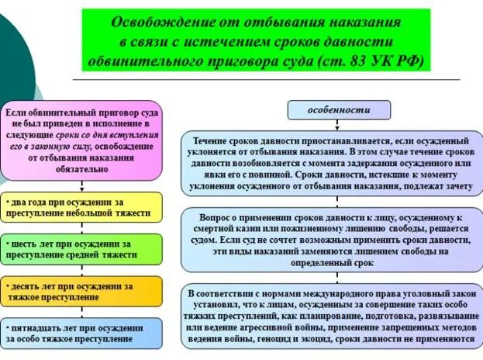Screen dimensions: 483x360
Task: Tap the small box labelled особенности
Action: (x=339, y=110)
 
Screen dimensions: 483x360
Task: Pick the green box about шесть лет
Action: (x=81, y=249)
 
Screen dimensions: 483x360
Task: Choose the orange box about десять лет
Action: (x=81, y=291)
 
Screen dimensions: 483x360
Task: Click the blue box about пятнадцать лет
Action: (x=81, y=333)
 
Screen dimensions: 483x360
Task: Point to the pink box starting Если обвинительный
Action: (x=81, y=140)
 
